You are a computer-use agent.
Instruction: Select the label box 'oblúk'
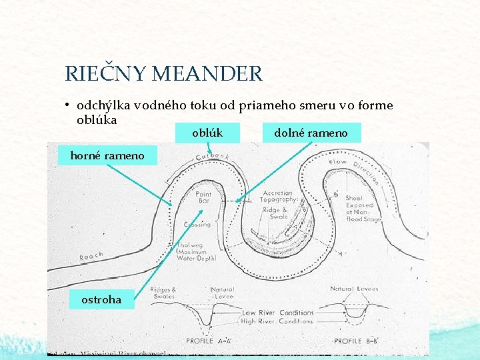[207, 133]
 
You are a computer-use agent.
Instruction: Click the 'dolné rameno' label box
[311, 133]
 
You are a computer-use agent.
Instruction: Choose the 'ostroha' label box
[101, 299]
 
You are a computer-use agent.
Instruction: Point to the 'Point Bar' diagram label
[203, 198]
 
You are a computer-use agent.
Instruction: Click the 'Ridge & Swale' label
[275, 213]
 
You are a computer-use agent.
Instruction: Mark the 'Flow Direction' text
[355, 171]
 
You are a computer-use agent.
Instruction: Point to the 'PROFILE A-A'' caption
[209, 341]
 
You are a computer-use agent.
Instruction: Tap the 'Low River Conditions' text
[277, 313]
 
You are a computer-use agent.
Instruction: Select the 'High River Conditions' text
[277, 321]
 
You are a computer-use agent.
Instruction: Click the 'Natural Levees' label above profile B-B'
[354, 289]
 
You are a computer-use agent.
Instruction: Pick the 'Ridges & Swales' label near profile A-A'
[164, 294]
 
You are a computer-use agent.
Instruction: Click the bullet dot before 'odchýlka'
[68, 105]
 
